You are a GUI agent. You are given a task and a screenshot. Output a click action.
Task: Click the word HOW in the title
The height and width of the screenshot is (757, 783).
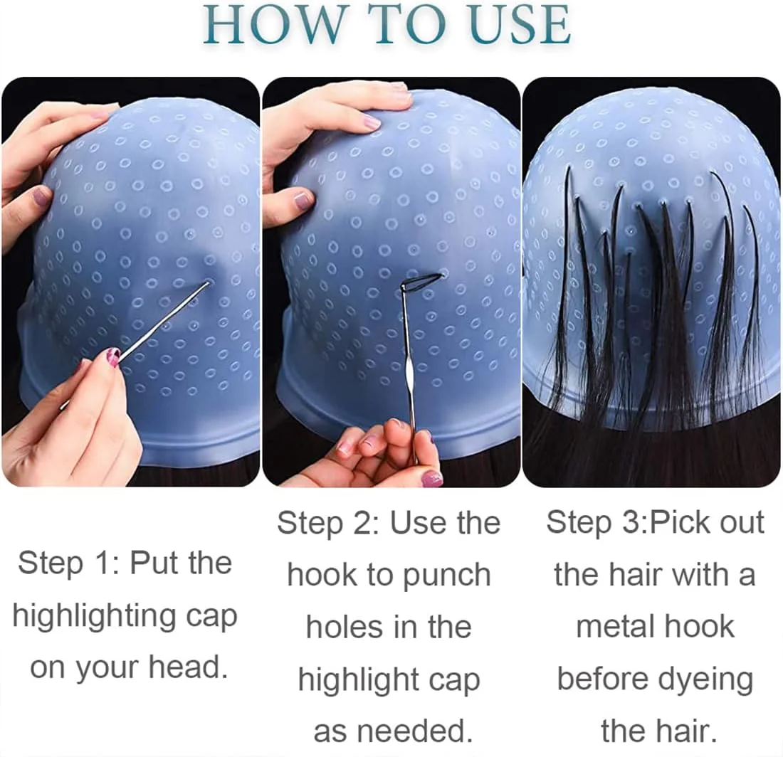pyautogui.click(x=274, y=25)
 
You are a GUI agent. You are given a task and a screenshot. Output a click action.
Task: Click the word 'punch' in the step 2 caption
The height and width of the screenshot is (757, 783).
pyautogui.click(x=446, y=576)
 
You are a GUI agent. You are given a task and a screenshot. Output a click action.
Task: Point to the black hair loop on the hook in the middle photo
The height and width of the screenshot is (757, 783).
pyautogui.click(x=422, y=280)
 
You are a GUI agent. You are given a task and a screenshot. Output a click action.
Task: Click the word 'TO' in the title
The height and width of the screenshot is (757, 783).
pyautogui.click(x=409, y=25)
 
